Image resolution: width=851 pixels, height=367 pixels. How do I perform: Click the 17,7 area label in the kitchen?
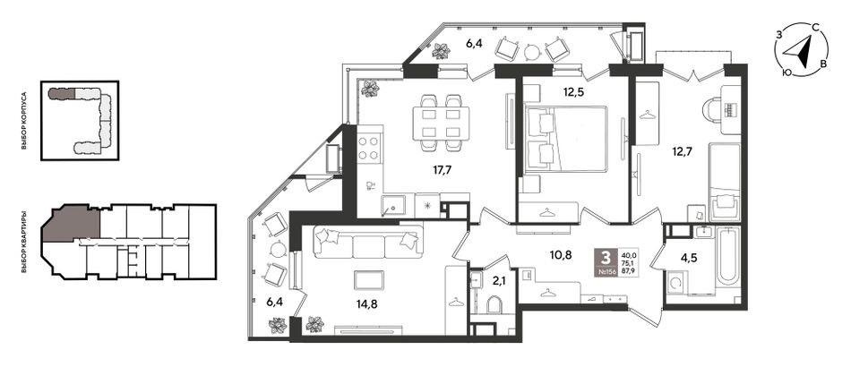(443, 170)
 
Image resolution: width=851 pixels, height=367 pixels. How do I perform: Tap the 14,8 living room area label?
(367, 303)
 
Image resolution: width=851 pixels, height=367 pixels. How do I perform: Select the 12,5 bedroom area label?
(572, 91)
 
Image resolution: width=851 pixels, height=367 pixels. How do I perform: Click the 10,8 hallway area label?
(560, 255)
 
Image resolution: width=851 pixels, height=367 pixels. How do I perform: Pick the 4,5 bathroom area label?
(689, 258)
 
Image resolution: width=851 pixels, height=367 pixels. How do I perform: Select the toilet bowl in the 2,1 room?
(494, 304)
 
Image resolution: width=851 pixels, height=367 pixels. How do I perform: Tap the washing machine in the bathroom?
(675, 283)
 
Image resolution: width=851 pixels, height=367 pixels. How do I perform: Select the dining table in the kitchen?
(441, 123)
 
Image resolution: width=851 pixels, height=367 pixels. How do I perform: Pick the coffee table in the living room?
(369, 280)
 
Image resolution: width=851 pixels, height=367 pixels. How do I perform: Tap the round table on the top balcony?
(532, 53)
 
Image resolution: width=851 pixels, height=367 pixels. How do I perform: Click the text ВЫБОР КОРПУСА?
(24, 122)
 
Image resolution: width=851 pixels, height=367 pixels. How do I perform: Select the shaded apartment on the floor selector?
(70, 223)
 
